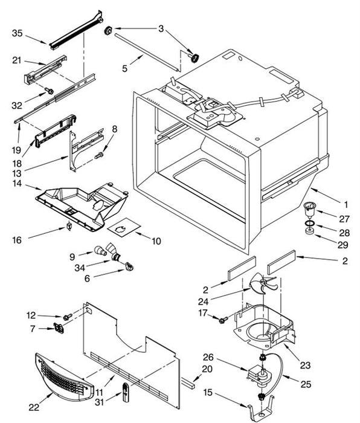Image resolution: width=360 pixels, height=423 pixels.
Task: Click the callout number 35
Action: coord(18,33)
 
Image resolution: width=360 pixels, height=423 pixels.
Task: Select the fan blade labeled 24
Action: coord(262,284)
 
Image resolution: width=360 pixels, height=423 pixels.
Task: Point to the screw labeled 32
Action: coord(50,91)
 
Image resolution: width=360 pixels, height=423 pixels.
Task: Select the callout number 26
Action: coord(208,358)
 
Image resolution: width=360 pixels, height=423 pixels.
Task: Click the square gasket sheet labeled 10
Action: coord(124,227)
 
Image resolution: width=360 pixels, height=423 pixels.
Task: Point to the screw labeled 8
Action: coord(98,155)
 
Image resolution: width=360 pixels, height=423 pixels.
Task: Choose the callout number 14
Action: coord(17,184)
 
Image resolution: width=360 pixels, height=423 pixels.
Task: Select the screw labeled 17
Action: coord(223,320)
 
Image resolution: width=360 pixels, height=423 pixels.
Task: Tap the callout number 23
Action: coord(306,365)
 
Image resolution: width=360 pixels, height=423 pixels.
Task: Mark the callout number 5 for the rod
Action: coord(124,68)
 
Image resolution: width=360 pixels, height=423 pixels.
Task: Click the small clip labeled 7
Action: coord(59,328)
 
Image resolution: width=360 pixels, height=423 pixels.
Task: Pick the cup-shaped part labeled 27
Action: coord(310,209)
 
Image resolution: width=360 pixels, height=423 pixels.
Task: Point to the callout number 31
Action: coord(100,402)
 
